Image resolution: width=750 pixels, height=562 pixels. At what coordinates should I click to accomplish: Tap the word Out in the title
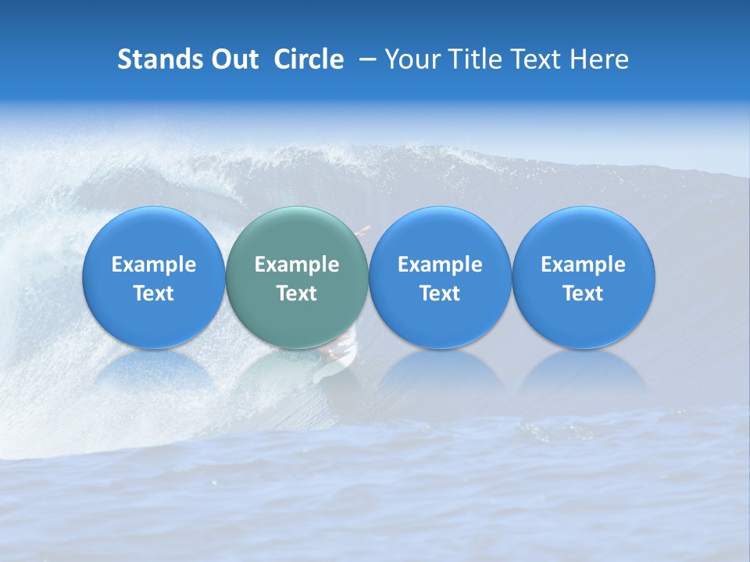click(233, 59)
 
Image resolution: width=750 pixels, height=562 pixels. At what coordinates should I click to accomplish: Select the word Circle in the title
click(309, 59)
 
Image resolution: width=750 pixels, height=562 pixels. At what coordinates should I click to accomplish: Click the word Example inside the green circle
click(297, 265)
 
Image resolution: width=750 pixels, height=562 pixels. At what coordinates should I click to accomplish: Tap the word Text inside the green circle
click(297, 293)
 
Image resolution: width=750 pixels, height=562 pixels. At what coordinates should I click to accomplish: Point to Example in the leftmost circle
click(154, 265)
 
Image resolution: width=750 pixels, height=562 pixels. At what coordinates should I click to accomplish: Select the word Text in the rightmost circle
click(584, 293)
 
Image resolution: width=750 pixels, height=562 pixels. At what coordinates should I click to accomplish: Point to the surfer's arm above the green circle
click(361, 230)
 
